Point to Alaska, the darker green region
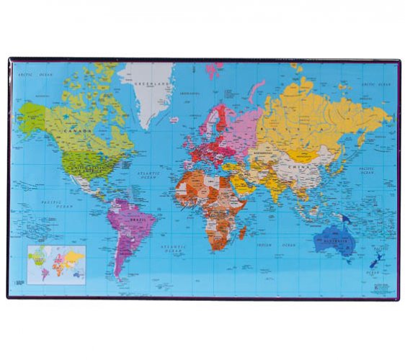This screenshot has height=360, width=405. point(33,115)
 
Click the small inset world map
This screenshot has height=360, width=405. point(56,264)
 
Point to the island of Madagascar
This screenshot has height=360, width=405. point(244,232)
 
